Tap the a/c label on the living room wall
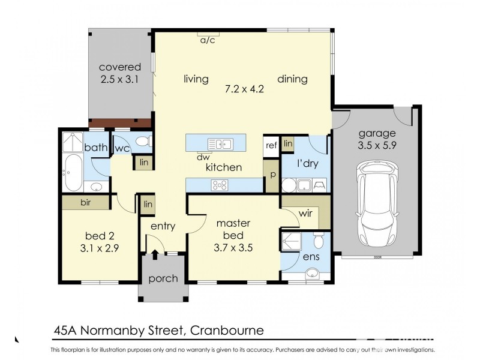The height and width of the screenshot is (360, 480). pos(208,40)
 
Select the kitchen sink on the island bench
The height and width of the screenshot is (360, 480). pos(220,144)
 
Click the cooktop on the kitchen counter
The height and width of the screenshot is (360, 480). pos(220,185)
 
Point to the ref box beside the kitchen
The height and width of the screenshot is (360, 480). pos(271,145)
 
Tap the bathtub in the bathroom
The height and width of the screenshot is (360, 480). pos(72,173)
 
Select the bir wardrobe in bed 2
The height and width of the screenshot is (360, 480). pos(85,203)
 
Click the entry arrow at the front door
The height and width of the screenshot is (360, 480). pos(155,254)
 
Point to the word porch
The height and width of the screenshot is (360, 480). pos(163,278)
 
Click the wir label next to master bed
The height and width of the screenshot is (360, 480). pos(305,214)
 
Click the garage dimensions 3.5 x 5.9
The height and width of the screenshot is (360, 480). pos(377,145)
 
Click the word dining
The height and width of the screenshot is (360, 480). pos(292,79)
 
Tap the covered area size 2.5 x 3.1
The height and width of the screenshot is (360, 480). pos(120,79)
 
